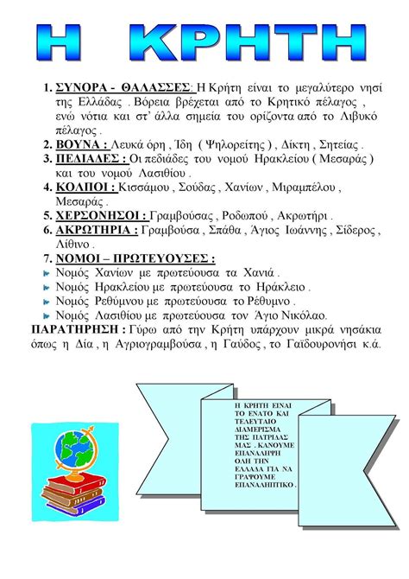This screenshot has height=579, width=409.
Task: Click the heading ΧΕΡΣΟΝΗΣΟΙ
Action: (x=100, y=215)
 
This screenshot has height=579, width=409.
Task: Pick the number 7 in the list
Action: (x=47, y=258)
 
